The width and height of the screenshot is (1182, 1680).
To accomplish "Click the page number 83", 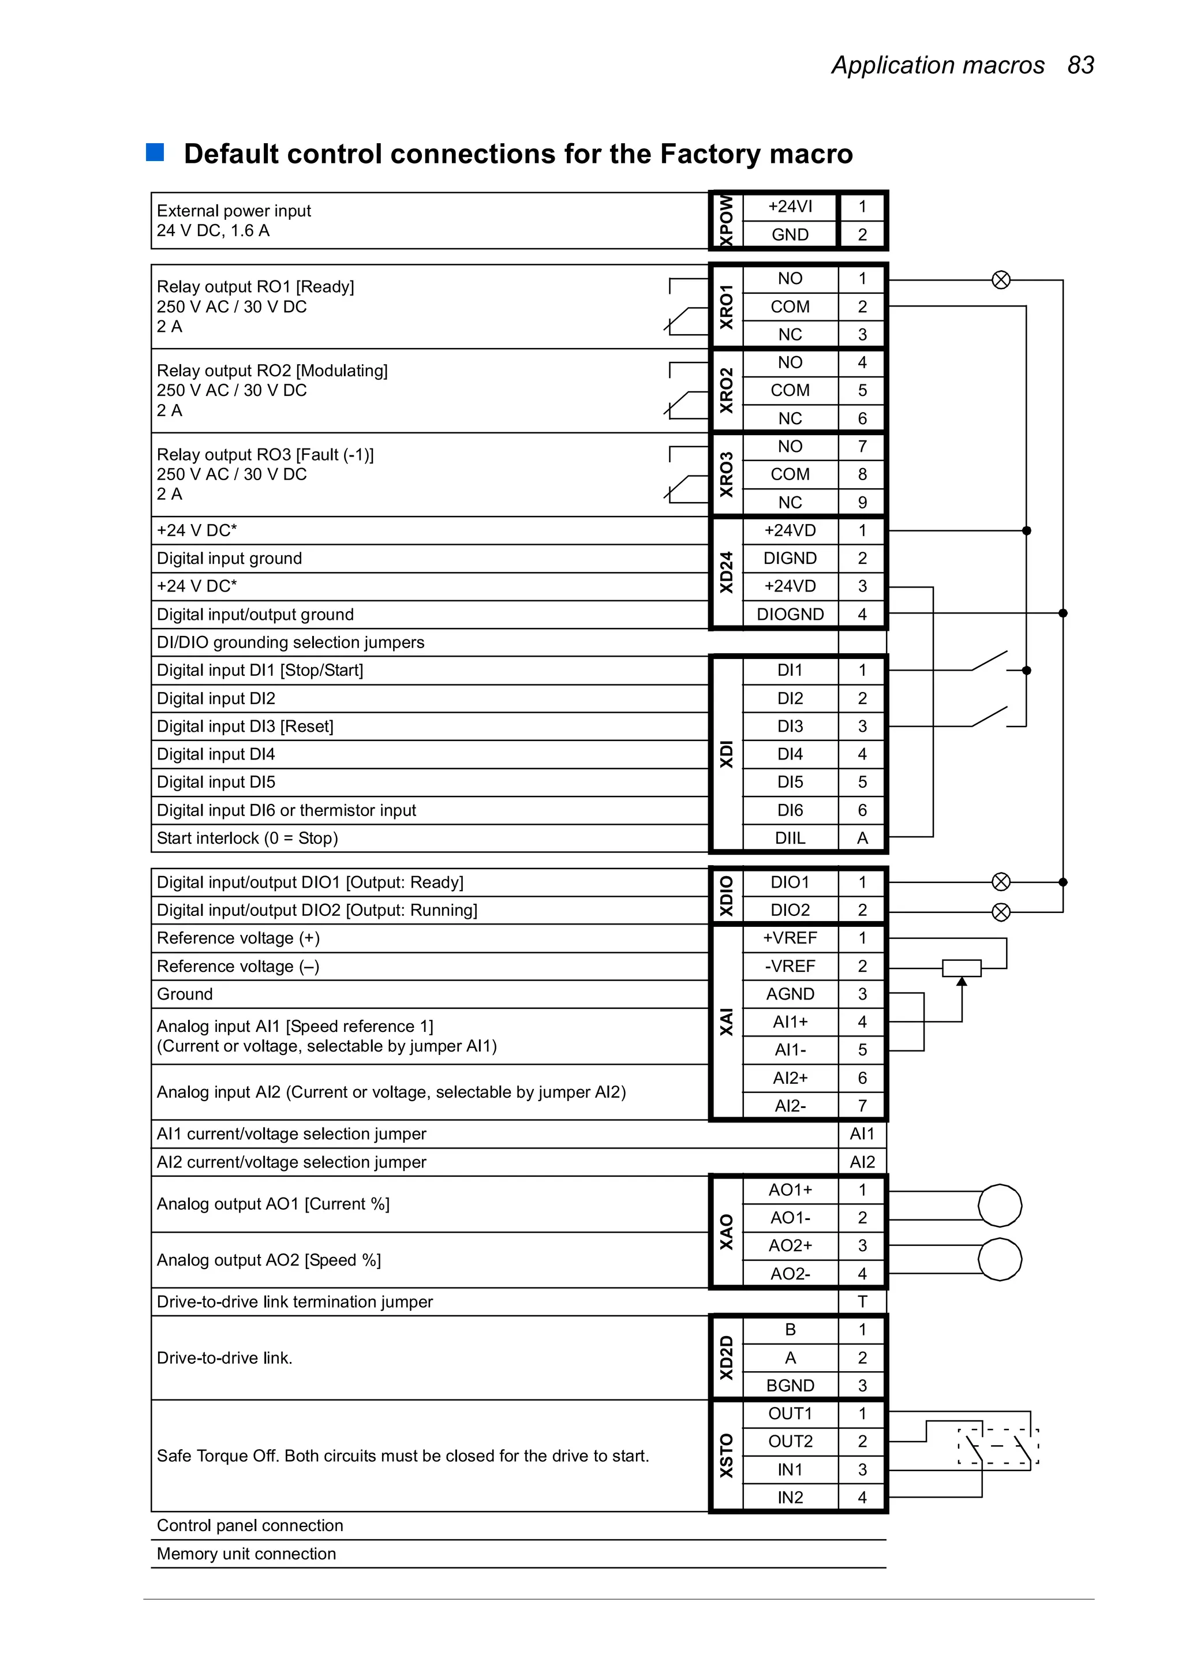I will click(x=1080, y=65).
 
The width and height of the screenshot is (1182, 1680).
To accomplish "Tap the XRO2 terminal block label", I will click(x=726, y=390).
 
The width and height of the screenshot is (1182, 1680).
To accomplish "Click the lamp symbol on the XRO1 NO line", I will click(x=1001, y=279).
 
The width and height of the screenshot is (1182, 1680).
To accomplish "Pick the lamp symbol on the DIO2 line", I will click(x=1001, y=912).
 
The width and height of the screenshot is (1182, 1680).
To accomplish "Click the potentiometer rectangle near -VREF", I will click(x=961, y=967).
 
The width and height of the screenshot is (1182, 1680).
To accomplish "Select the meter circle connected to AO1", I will click(x=1000, y=1205).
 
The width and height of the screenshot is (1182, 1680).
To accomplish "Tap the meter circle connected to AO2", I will click(x=1000, y=1259).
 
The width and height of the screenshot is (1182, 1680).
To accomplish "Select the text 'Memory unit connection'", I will click(x=246, y=1554).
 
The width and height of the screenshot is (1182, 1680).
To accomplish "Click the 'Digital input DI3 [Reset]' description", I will click(x=245, y=726).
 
